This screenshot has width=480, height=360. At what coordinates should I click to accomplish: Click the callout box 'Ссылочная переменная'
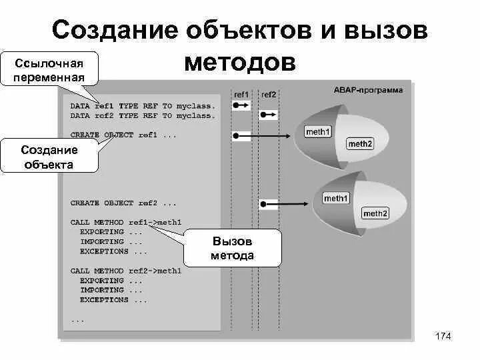click(x=49, y=69)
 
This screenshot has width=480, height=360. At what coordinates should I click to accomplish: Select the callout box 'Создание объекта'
click(x=49, y=157)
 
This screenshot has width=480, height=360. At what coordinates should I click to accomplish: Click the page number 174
click(x=443, y=336)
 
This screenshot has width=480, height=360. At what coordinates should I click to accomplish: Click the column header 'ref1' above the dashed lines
click(x=241, y=95)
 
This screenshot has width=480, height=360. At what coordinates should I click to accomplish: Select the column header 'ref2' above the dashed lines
click(x=268, y=95)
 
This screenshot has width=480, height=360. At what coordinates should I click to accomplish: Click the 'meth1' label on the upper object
click(x=318, y=132)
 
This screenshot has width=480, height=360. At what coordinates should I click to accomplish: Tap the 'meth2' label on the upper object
click(x=360, y=144)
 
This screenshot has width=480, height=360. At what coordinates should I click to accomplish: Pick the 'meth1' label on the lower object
click(x=335, y=198)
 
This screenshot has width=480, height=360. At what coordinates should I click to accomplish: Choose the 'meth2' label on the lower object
click(x=375, y=213)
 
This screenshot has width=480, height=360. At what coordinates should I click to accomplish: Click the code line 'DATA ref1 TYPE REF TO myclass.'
click(x=143, y=106)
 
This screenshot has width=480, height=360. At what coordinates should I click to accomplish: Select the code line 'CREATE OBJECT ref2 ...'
click(x=123, y=203)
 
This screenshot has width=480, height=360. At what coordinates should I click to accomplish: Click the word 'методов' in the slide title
click(x=239, y=62)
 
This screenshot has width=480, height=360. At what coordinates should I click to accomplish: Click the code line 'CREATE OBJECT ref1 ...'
click(x=123, y=135)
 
